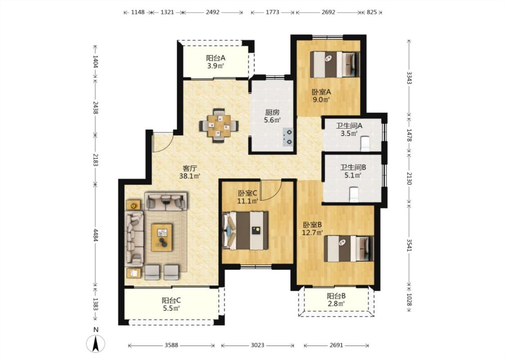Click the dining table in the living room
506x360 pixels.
tap(219, 125)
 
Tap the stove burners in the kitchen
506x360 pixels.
tap(288, 136)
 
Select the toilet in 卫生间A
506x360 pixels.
tap(365, 144)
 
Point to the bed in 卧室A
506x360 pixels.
tap(335, 64)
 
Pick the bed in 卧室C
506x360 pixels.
tap(245, 230)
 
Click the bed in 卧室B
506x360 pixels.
tap(349, 248)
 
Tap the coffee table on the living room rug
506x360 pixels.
tap(162, 237)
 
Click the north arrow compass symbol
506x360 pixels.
tap(95, 343)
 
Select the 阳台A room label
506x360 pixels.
tap(215, 58)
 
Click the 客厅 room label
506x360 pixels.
tap(190, 168)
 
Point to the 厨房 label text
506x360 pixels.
tap(273, 112)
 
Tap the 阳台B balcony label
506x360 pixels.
tap(336, 296)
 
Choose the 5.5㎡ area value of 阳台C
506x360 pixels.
tap(171, 308)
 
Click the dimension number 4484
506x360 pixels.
tap(95, 235)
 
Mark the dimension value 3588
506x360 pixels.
tap(171, 345)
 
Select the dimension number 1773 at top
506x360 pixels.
tap(273, 12)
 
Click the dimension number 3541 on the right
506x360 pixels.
tap(409, 245)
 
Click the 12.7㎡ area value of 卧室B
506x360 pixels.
tap(313, 232)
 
